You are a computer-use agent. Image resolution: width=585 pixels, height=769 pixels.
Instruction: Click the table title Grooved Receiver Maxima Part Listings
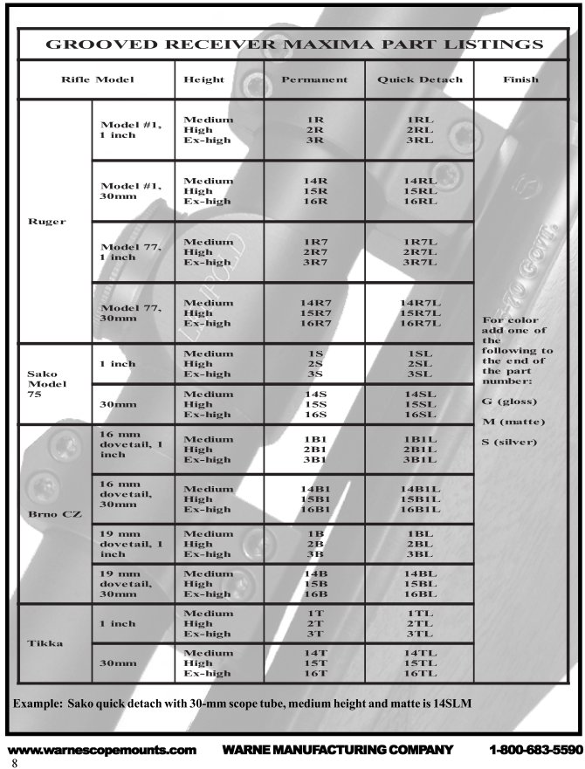click(293, 44)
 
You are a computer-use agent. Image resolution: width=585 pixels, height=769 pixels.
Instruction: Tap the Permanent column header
click(314, 79)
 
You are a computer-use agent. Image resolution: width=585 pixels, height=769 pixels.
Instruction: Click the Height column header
click(203, 79)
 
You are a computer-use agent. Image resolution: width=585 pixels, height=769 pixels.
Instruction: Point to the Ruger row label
click(48, 221)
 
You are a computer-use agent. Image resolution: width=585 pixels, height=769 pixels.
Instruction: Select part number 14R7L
click(420, 302)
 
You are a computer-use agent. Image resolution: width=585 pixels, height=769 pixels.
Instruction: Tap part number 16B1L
click(420, 509)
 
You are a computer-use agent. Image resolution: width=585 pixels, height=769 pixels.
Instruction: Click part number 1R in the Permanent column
click(315, 119)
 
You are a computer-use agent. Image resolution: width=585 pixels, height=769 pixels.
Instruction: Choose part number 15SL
click(420, 404)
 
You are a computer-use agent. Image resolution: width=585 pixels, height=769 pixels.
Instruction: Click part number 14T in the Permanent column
click(315, 653)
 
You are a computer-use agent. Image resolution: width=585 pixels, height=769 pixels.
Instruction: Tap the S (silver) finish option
click(511, 442)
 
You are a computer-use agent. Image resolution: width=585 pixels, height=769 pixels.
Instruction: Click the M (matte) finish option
click(513, 422)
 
